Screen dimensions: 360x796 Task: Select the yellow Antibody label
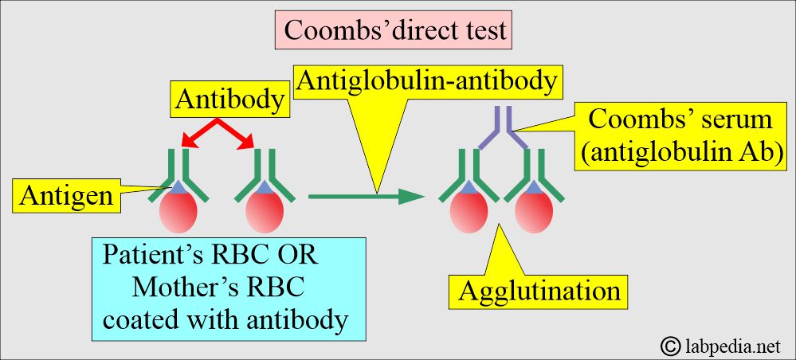229,100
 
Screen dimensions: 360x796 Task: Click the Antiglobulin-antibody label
428,80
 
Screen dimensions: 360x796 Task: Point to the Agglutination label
539,291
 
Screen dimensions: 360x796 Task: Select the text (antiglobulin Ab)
680,152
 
